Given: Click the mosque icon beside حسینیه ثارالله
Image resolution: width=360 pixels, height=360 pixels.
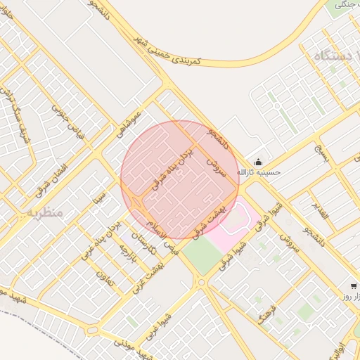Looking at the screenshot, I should pos(257,161).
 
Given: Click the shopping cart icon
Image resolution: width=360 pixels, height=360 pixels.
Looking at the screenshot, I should pos(352,285).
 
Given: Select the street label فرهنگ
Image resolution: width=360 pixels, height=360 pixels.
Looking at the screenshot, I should pos(267,314).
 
